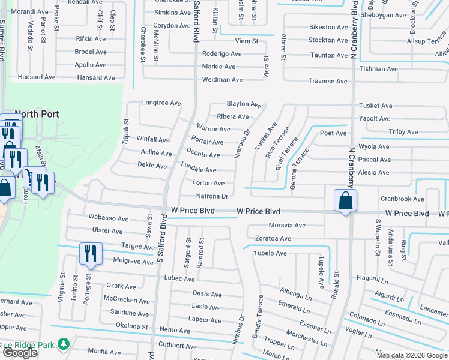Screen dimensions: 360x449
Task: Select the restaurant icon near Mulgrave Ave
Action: point(91,253)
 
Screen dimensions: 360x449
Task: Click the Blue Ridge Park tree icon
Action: point(62,344)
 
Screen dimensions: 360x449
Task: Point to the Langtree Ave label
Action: point(161,103)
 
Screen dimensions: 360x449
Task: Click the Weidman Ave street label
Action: point(222,80)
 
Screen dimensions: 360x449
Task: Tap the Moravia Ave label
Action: point(287,226)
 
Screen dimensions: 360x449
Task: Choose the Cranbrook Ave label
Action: point(402,199)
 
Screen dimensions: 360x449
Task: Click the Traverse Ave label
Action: point(328,81)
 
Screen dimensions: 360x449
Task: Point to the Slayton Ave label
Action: point(243,104)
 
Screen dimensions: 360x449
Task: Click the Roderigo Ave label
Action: point(221,53)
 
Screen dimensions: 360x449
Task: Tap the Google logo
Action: point(20,353)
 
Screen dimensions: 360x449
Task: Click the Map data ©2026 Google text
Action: point(412,355)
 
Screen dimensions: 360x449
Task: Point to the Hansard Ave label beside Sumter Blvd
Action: point(37,77)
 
